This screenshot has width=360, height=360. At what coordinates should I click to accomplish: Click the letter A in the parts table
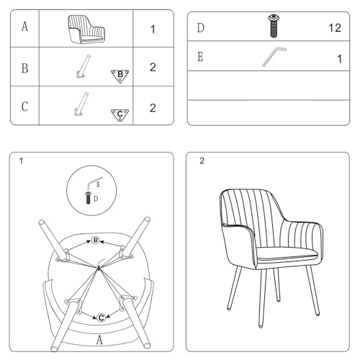(24, 27)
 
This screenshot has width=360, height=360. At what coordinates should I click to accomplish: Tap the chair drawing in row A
(86, 30)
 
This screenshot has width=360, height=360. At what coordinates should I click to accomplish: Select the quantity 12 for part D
(335, 28)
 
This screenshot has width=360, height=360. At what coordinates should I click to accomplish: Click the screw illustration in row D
(273, 26)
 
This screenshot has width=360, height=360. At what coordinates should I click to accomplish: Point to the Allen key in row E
(273, 56)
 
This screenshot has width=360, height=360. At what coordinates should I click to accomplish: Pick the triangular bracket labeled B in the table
(120, 76)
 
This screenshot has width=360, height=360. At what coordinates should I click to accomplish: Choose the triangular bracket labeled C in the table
(120, 115)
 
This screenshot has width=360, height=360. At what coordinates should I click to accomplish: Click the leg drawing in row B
(84, 66)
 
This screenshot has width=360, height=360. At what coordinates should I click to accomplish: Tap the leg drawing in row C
(81, 104)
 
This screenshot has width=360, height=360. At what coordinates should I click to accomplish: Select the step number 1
(21, 161)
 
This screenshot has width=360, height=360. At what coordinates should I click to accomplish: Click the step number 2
(202, 161)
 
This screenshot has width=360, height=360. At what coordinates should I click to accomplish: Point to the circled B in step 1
(96, 240)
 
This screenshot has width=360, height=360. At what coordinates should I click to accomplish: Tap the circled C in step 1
(101, 318)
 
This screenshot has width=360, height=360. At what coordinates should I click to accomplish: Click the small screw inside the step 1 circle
(88, 198)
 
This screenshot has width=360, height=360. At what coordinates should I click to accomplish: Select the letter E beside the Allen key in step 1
(98, 185)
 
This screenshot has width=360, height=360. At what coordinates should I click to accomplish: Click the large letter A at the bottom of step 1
(99, 340)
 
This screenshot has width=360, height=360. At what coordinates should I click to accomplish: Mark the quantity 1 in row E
(339, 59)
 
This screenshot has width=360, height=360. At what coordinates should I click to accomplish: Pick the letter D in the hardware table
(201, 28)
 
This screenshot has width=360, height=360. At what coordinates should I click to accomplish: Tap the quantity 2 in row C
(153, 108)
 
